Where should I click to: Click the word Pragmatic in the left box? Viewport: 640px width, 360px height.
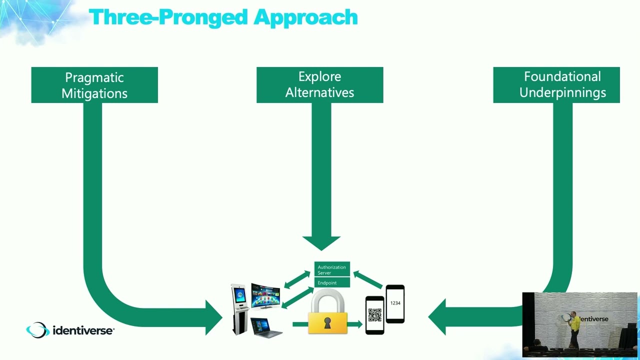[94, 78]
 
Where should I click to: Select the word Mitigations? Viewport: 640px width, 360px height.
[94, 93]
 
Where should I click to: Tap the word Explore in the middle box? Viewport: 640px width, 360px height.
[319, 77]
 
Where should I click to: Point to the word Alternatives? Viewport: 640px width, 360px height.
[319, 92]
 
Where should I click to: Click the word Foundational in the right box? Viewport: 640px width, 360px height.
[562, 77]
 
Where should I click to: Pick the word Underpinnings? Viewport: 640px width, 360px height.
[562, 92]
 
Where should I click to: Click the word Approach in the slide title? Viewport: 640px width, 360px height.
[305, 17]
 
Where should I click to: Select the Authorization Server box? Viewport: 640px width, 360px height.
[331, 270]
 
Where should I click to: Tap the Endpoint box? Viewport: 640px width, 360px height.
[331, 283]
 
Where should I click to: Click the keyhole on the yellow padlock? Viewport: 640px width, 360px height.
[327, 323]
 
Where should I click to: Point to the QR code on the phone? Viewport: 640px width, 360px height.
[374, 315]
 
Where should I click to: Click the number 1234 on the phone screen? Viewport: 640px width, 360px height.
[395, 303]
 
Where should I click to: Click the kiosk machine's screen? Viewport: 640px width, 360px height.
[240, 293]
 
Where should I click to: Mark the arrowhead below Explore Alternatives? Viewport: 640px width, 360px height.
[321, 243]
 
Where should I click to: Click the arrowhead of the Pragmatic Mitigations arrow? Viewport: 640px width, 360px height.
[213, 316]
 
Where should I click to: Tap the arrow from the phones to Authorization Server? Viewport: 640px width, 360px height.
[368, 280]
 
